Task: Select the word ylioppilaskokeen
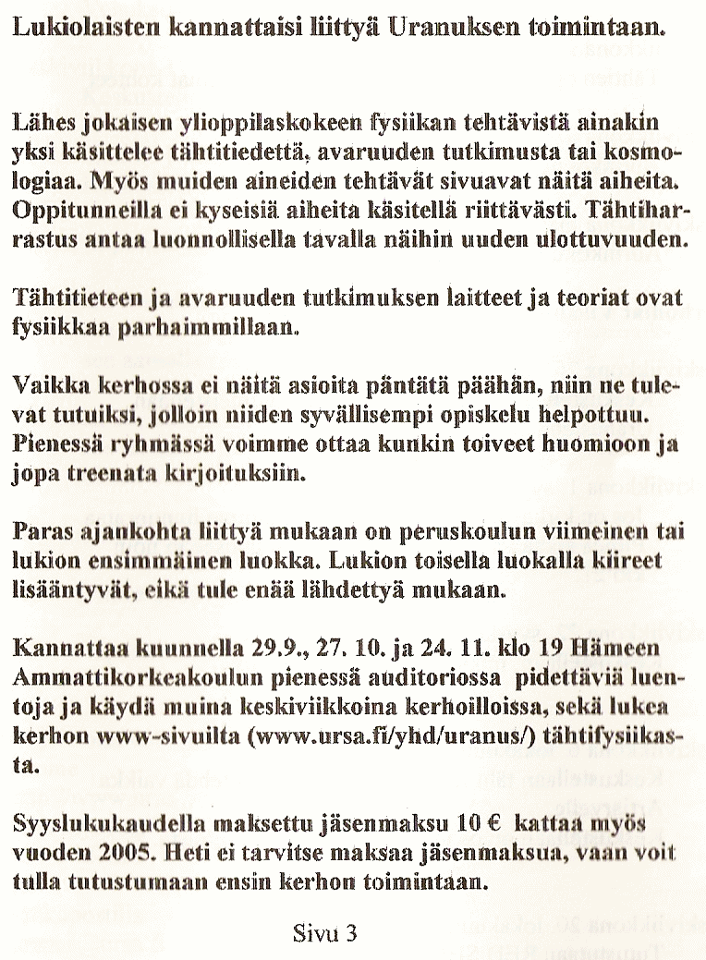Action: pos(288,121)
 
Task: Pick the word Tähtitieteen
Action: pos(75,298)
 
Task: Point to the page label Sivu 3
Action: pos(323,932)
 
